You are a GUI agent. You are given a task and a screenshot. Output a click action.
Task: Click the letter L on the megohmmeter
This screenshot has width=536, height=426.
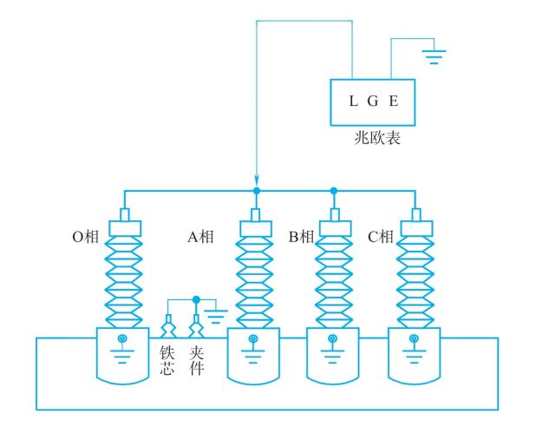pos(353,102)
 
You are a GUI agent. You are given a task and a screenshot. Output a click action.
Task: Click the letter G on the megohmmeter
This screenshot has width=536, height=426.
pos(374,102)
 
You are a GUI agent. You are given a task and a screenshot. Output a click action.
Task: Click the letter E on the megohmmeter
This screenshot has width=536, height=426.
pos(394,102)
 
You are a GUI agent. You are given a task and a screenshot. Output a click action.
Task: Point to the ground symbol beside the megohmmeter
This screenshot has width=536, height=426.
pos(434,56)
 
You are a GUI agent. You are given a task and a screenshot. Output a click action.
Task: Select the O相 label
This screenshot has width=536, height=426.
pos(85,236)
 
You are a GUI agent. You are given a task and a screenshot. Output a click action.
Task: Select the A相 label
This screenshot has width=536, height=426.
pos(203,236)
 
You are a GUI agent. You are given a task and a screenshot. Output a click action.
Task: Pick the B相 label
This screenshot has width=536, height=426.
pos(300,236)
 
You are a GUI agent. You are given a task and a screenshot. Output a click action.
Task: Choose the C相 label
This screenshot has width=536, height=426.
pos(380,236)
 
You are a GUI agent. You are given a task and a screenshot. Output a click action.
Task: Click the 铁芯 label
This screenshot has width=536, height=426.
pos(167,362)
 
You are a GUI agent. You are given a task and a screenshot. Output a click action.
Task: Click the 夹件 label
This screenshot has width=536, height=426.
pos(197,362)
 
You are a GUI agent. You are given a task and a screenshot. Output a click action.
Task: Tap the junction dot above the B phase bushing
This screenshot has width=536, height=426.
pos(334,190)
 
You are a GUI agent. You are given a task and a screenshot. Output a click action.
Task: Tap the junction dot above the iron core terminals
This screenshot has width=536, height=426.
pos(197,299)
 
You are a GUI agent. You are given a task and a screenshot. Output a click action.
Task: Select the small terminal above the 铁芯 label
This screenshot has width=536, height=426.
pos(167,330)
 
